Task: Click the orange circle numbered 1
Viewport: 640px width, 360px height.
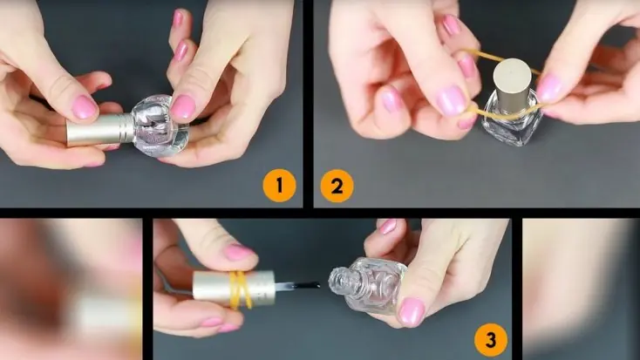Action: (x=279, y=186)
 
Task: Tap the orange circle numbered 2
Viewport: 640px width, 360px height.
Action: (x=337, y=186)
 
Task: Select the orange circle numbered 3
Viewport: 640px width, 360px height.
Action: (x=491, y=340)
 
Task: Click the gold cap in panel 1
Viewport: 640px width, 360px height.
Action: (x=101, y=129)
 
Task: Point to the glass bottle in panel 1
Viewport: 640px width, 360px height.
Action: (x=160, y=126)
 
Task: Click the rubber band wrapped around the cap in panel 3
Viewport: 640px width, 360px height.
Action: (x=240, y=289)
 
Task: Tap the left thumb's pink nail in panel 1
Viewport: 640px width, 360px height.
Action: (x=85, y=107)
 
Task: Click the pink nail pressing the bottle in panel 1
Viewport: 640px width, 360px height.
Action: (x=182, y=107)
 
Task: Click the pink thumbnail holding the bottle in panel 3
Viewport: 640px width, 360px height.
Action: (x=412, y=312)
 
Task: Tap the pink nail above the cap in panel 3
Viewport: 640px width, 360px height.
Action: (x=238, y=252)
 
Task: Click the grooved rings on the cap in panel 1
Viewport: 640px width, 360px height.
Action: (x=125, y=127)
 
